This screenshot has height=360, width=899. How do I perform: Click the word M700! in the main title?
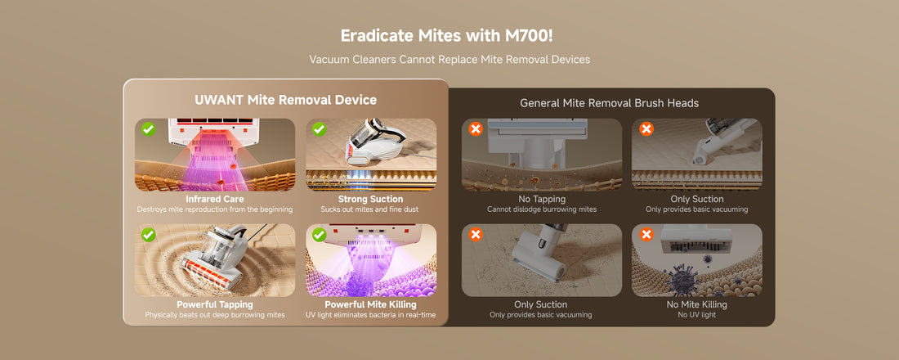coord(530,36)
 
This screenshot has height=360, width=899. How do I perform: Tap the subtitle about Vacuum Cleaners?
coord(449,59)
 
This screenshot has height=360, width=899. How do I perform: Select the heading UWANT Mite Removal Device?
coord(285,100)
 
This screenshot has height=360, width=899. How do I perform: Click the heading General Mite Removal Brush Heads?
coord(610,103)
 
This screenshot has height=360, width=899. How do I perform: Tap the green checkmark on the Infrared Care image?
coord(149,129)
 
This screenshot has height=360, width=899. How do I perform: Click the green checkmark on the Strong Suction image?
coord(320,129)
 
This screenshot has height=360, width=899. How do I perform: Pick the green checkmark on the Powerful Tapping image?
coord(149,234)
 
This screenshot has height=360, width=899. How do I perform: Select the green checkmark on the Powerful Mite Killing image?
coord(320,234)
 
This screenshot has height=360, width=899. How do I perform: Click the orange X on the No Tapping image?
coord(476,129)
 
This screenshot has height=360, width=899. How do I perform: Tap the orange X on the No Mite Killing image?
coord(646,234)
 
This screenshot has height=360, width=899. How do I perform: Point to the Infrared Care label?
coord(214,200)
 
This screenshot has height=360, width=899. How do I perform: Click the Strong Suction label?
coord(371,200)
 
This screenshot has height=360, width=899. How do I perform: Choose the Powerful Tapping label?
coord(214,304)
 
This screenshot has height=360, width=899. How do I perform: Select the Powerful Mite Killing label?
coord(371,304)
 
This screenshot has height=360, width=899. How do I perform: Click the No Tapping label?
coord(542,200)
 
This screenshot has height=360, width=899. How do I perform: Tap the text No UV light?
coord(696,315)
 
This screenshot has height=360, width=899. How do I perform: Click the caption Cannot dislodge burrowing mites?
coord(542,209)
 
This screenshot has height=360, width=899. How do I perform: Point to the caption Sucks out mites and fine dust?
coord(369,209)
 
